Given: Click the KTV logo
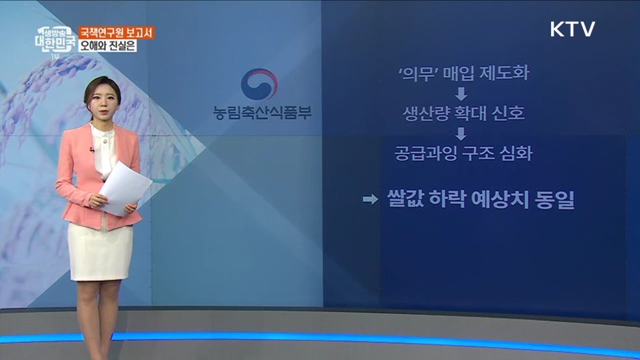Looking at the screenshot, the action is click(572, 29).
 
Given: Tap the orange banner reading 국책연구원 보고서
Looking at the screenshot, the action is click(116, 32).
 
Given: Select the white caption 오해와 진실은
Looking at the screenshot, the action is click(108, 45).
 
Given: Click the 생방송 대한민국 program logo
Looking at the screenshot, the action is click(56, 40).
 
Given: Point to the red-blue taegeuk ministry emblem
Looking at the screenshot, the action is click(259, 84).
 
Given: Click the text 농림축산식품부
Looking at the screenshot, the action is click(262, 112).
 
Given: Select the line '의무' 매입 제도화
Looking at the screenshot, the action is click(463, 73).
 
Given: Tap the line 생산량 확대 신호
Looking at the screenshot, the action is click(464, 113).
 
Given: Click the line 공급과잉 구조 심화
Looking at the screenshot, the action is click(463, 153).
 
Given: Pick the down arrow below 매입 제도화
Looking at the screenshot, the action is click(461, 94).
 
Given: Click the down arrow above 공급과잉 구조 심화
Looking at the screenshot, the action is click(461, 133).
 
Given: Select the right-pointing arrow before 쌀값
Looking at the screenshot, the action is click(370, 199).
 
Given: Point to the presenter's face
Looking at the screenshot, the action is click(102, 100).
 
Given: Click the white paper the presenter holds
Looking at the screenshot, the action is click(125, 188).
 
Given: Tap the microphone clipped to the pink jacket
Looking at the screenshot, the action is click(92, 150).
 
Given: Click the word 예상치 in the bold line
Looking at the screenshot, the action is click(501, 199).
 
